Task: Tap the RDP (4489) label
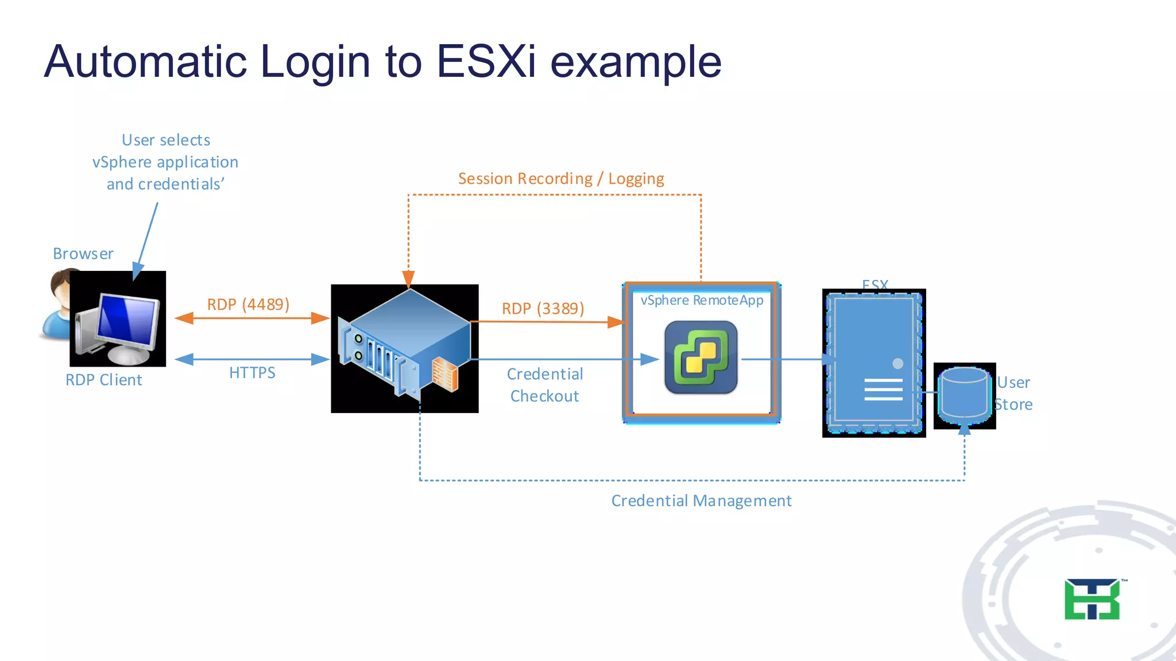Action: coord(248,304)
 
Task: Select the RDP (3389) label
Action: coord(543,309)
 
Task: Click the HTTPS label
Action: coord(252,373)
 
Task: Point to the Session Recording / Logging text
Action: coord(560,178)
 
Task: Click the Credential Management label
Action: coord(701,501)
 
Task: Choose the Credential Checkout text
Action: coord(544,385)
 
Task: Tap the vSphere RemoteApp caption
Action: coord(702,300)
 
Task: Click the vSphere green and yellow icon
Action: coord(701,357)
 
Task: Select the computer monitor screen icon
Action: coord(127,319)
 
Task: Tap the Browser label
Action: coord(83,254)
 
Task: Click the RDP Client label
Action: coord(103,380)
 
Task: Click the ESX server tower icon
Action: coord(873,363)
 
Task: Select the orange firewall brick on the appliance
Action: coord(445,374)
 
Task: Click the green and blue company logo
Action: coord(1092,599)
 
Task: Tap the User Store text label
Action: coord(1013,394)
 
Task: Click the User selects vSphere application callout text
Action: coord(165,162)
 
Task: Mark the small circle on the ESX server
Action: coord(898,363)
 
